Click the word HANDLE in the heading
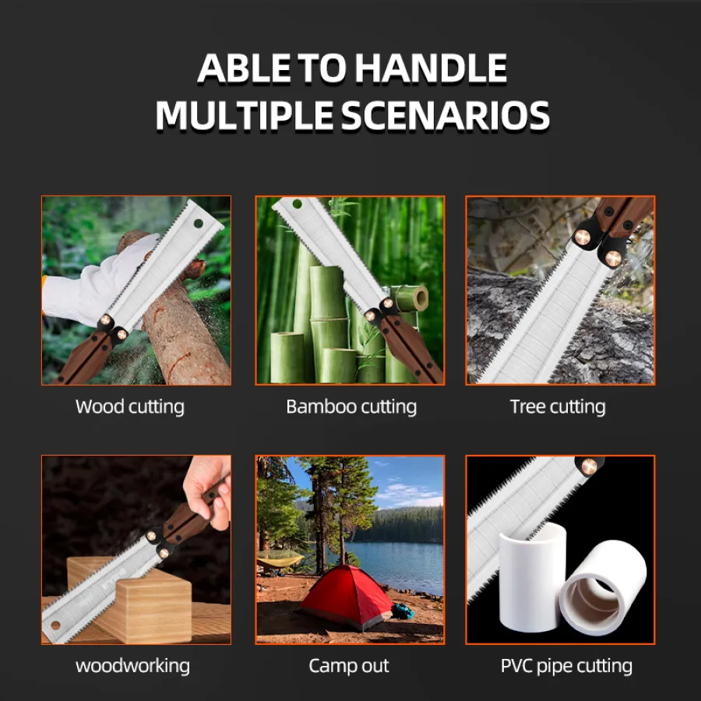431,68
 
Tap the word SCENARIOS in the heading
446,115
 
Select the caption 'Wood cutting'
129,407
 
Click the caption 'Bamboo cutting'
351,407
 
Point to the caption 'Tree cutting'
558,407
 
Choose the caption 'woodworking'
132,666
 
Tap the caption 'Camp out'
349,666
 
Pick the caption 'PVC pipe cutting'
566,666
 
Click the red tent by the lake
344,597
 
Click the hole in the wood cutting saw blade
199,223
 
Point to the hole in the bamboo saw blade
298,205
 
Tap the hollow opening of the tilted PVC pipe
594,600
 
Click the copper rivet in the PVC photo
590,467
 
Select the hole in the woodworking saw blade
55,625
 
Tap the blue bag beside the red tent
403,611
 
